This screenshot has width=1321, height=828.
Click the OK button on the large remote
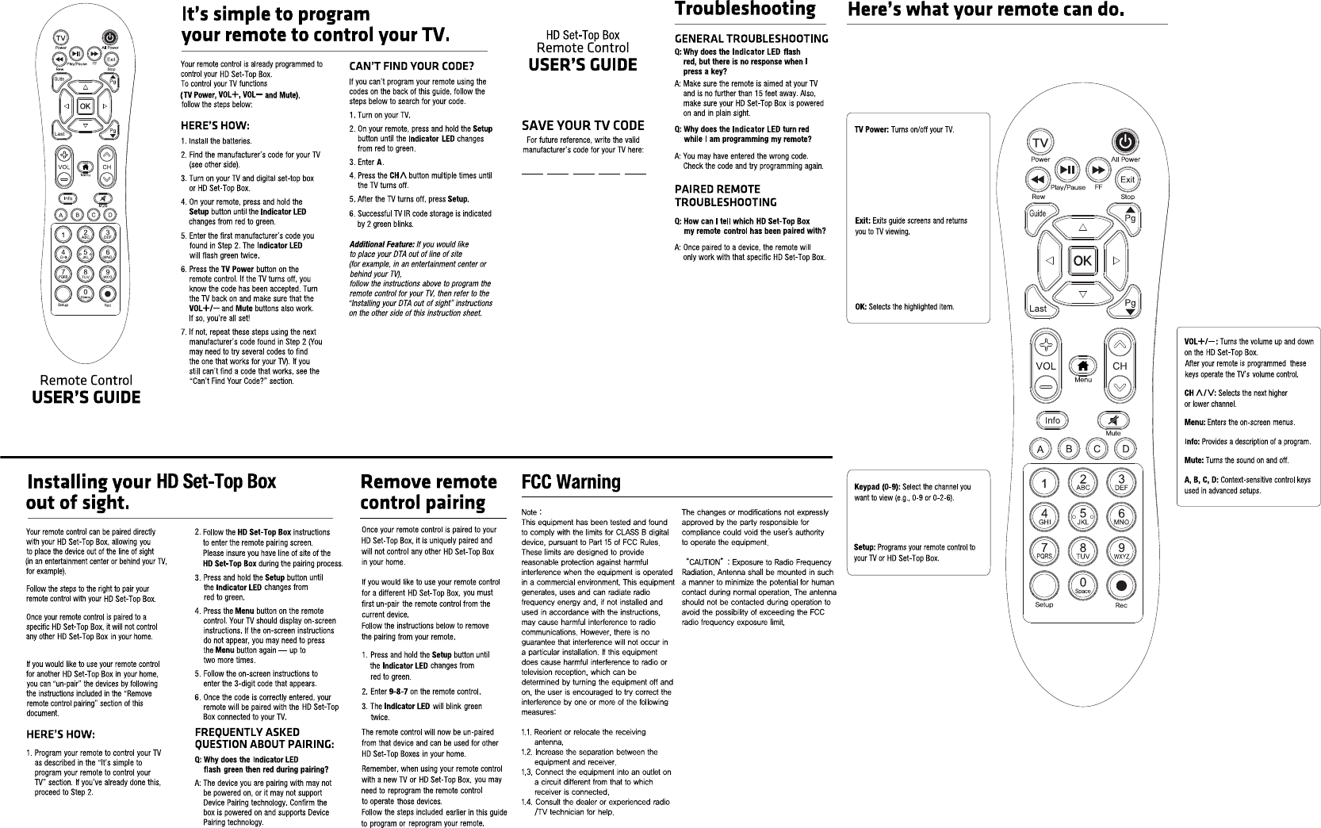point(1082,261)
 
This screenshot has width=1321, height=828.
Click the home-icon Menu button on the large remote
point(1082,366)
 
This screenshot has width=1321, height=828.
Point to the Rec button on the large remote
point(1121,588)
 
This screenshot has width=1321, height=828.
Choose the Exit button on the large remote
point(1128,181)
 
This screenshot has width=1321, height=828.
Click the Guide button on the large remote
point(1038,213)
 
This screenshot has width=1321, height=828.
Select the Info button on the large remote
point(1051,420)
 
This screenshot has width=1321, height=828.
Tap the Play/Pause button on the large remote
point(1068,170)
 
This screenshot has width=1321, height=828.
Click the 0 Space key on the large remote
point(1082,586)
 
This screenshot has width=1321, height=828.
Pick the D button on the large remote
point(1124,450)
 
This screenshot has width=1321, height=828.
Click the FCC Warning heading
point(571,481)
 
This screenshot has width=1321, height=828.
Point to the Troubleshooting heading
point(745,10)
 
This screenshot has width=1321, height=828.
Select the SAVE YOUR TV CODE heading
point(583,125)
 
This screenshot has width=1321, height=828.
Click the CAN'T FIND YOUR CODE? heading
point(412,65)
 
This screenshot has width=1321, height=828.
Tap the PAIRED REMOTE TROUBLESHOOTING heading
point(725,195)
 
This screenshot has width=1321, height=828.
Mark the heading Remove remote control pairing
point(428,492)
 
